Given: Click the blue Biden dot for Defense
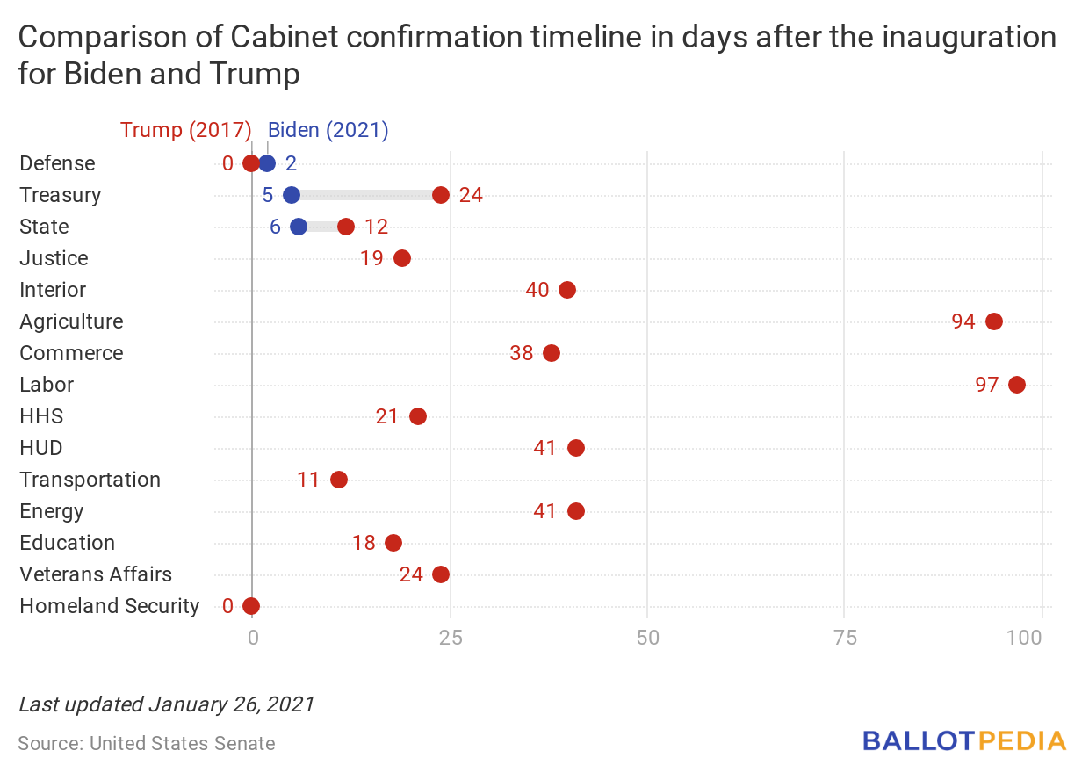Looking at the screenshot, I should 267,163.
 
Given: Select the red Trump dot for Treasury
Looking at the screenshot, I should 441,195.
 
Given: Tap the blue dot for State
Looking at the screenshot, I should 299,227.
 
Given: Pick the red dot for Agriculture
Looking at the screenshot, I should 994,321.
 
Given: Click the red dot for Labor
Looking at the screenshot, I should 1017,385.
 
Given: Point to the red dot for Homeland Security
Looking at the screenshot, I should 251,606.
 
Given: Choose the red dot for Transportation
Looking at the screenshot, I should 339,480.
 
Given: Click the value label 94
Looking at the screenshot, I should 963,321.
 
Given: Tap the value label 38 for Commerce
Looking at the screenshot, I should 522,353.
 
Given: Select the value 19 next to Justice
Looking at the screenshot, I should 371,258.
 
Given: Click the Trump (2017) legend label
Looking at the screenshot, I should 186,130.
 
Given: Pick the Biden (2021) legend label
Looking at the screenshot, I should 328,130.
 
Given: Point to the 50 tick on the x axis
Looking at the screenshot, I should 647,637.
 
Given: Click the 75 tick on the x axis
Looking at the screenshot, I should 845,637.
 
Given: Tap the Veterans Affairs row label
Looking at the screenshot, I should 96,574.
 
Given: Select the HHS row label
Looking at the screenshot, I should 41,416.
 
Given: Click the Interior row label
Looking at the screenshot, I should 53,290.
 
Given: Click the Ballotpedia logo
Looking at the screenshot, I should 964,740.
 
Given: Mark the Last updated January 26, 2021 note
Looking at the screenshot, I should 166,704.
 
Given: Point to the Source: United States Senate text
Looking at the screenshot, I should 147,744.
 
